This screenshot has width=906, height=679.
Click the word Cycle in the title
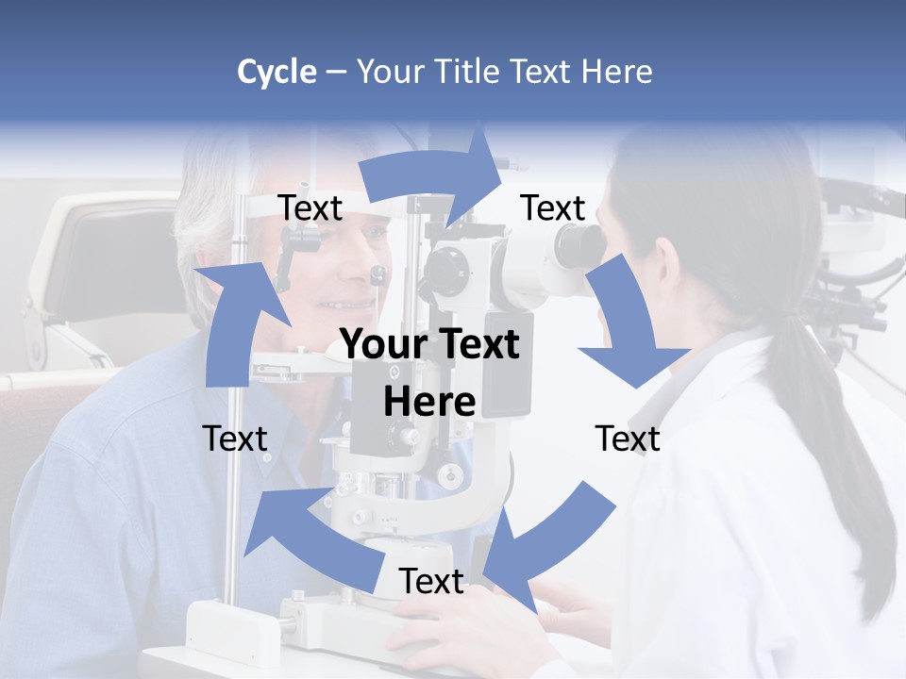pos(277,72)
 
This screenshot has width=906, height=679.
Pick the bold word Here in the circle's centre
pos(429,402)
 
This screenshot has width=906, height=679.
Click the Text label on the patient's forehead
pos(310,208)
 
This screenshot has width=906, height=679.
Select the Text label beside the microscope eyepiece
pos(553,207)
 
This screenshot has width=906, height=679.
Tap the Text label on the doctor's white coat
pos(628,439)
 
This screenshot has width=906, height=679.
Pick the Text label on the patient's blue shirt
pos(235,439)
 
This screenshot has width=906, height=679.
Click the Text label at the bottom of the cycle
pos(431,582)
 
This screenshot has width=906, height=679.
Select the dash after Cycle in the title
pos(337,73)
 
